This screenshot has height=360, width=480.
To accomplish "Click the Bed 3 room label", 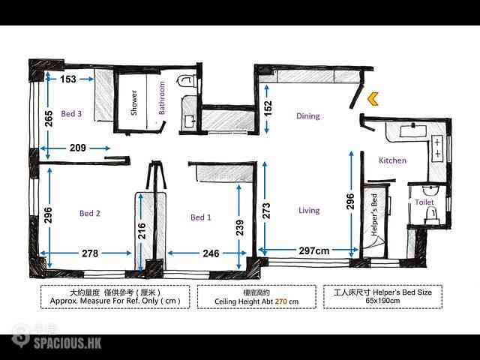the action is [71, 114].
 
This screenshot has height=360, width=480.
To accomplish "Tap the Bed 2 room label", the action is [90, 213].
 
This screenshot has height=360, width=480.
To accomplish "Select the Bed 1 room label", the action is [201, 217].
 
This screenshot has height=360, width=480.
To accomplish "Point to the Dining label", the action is [308, 116].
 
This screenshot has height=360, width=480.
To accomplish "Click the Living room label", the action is [309, 211].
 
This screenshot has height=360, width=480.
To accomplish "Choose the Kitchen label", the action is [392, 160].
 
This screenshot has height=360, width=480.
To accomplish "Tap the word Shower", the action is [133, 103].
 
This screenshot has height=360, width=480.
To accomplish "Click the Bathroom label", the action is [162, 98].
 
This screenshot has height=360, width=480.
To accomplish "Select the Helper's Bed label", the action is [374, 214].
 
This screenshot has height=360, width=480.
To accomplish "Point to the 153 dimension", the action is [68, 79].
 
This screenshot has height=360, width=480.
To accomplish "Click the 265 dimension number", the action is [49, 118].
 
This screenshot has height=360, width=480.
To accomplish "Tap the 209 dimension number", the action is [78, 148].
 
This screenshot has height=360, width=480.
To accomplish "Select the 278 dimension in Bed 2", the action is [90, 253].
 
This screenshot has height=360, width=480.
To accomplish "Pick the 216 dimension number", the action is [142, 231].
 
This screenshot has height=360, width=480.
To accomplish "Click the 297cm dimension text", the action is [314, 251].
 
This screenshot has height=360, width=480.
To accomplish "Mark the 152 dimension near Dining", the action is [268, 109].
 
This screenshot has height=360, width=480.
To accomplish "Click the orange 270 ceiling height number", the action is [281, 301].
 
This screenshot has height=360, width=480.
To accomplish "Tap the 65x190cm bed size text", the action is [382, 301].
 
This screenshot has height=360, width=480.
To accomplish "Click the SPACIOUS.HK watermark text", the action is [67, 343].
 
